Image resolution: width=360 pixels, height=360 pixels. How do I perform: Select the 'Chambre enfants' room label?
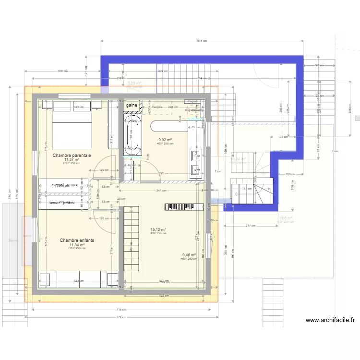pos(76,240)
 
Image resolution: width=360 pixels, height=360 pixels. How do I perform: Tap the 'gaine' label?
pos(132,105)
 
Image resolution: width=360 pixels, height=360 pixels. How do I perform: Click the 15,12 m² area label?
pos(158,229)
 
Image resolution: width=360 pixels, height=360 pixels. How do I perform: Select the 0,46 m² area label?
pos(189,255)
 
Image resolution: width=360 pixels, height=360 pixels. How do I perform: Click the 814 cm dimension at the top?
pos(202,41)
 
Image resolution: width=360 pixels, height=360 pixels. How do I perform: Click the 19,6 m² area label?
pos(286,218)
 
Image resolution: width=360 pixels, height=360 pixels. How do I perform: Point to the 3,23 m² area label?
pos(133,83)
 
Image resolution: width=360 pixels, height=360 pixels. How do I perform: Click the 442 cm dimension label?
pos(163,72)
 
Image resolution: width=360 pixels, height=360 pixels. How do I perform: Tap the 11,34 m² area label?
pos(76,245)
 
